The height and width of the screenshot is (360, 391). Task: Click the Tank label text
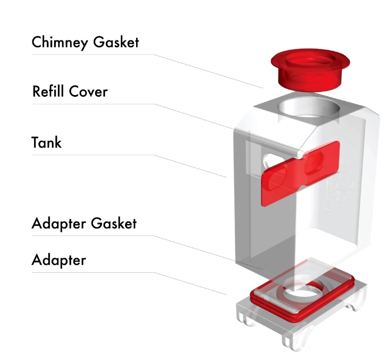pyautogui.click(x=46, y=142)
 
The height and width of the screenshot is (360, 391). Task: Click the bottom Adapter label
pyautogui.click(x=58, y=260)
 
